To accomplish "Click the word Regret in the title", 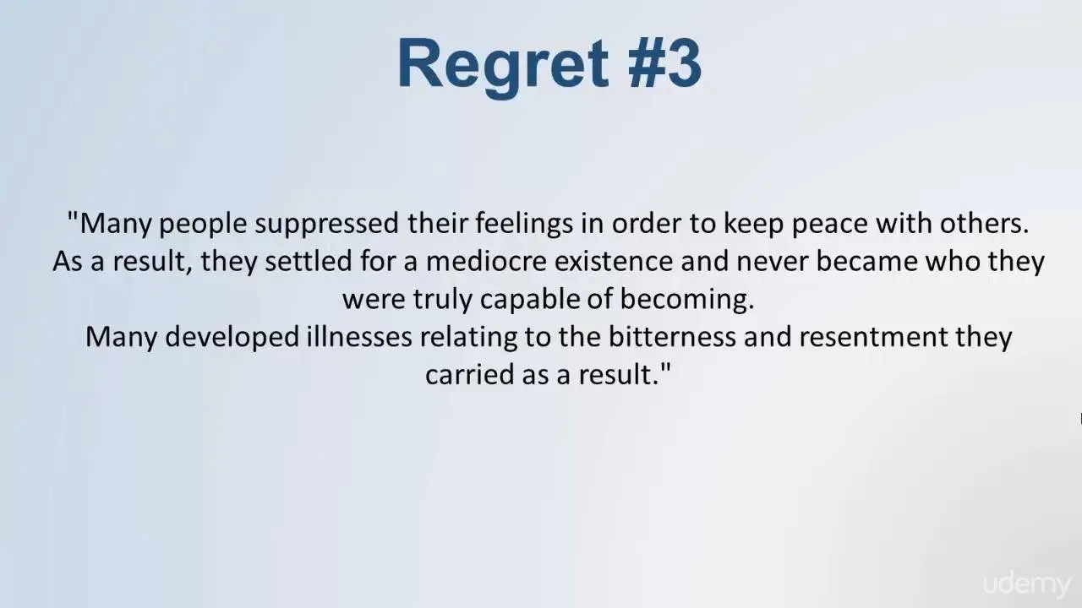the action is (x=502, y=66).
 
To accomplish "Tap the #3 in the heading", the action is (x=665, y=63).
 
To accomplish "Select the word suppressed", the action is (x=326, y=225).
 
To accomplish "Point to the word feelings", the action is (x=524, y=225).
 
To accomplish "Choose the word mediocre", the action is (x=486, y=261).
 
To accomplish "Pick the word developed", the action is (x=232, y=337).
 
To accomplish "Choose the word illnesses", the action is (x=359, y=336).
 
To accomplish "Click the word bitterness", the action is (x=672, y=336).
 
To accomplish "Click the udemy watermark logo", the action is (x=1027, y=585).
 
